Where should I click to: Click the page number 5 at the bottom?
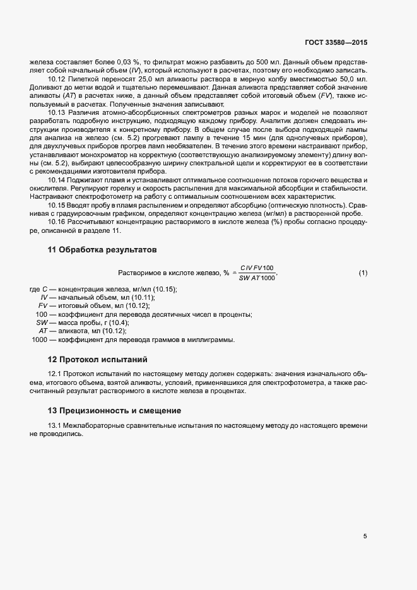365,536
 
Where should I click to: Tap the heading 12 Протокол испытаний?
97,360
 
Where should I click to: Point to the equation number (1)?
363,273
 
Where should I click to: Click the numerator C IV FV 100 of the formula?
257,268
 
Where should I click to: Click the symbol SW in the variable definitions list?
43,322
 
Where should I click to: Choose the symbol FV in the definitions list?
43,305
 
